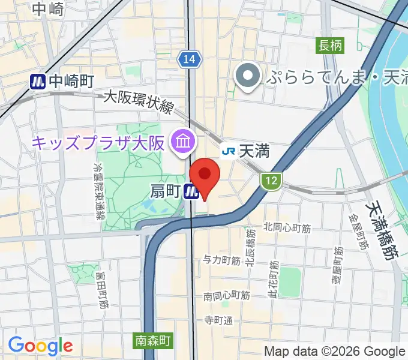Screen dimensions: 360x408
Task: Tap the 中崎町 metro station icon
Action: point(39,81)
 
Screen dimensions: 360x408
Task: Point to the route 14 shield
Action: point(188,59)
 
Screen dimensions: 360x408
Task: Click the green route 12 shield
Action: point(271,179)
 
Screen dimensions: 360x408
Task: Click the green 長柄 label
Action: point(331,45)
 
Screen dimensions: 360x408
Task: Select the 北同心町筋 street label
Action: point(287,227)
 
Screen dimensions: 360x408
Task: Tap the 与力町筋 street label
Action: point(221,260)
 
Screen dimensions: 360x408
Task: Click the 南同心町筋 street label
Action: point(226,295)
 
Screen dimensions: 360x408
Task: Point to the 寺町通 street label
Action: point(218,320)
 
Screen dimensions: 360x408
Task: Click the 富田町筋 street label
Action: point(100,289)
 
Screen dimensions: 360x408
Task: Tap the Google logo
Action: point(40,346)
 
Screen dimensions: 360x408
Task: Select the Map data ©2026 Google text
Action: point(335,352)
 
